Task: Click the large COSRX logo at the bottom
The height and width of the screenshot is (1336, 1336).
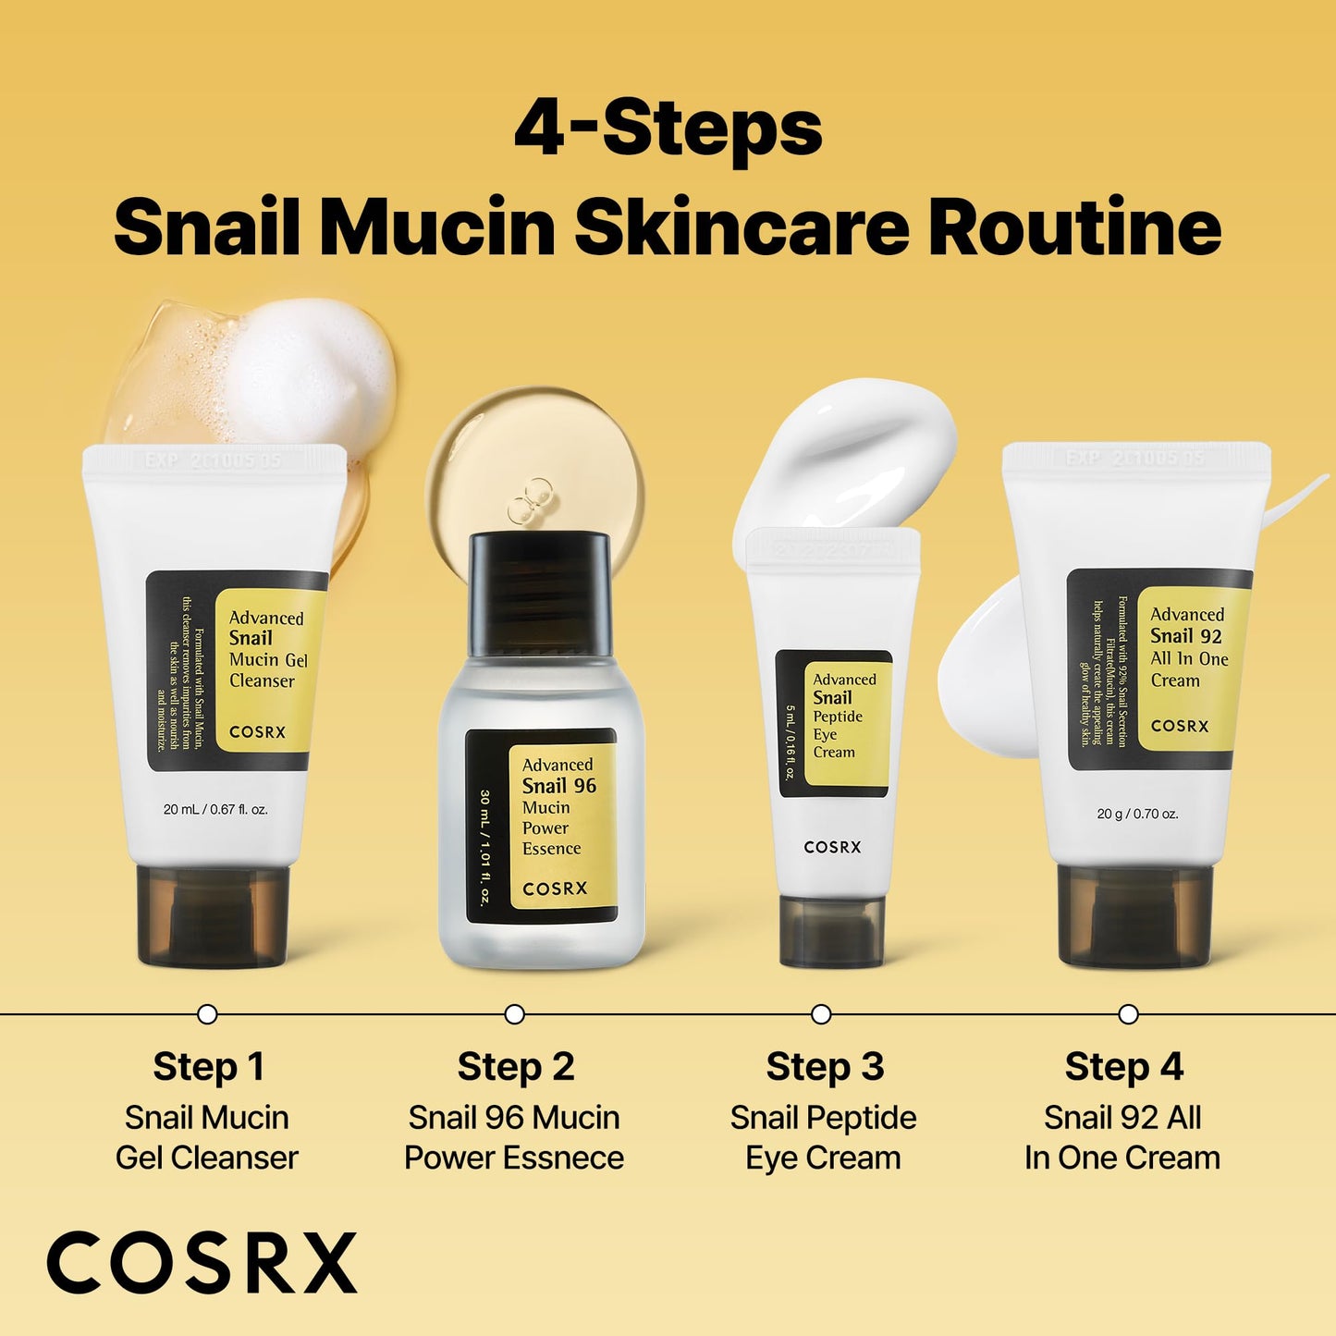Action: tap(202, 1263)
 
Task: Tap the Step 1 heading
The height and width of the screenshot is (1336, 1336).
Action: tap(209, 1067)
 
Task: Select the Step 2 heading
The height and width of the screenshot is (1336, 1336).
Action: tap(516, 1067)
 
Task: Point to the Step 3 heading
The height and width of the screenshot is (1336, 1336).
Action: tap(825, 1067)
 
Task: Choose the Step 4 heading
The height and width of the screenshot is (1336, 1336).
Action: tap(1123, 1067)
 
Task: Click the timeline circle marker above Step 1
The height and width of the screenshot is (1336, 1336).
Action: tap(208, 1014)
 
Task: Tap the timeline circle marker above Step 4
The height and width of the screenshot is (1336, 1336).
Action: tap(1128, 1014)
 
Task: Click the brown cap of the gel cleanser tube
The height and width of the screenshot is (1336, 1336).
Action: tap(213, 915)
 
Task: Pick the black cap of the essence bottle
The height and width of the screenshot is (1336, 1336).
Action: tap(539, 592)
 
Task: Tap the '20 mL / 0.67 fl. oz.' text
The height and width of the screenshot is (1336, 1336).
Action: tap(215, 809)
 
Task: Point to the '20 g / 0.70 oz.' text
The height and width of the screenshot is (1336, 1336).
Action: tap(1137, 814)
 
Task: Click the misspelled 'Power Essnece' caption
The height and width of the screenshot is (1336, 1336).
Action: tap(514, 1158)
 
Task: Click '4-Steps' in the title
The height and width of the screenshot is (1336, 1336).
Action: tap(668, 129)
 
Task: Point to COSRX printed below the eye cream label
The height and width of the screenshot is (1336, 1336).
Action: tap(832, 847)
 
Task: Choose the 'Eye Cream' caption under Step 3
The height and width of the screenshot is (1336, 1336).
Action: tap(823, 1158)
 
